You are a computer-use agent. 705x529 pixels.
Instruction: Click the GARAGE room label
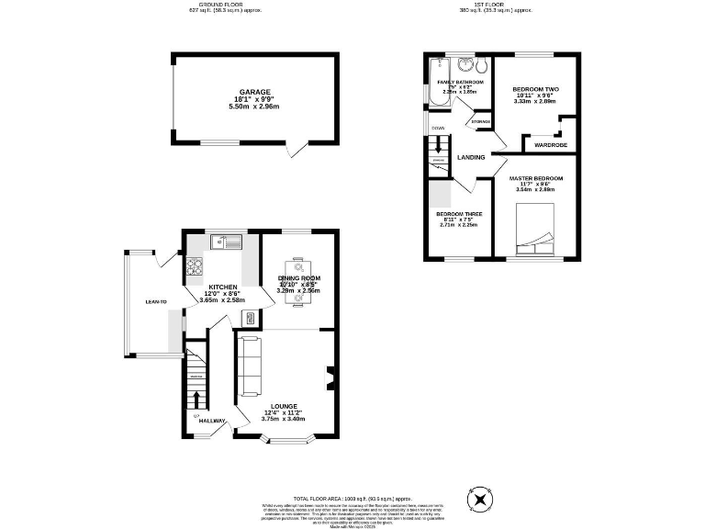click(255, 92)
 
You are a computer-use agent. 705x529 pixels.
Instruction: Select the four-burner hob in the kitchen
click(195, 267)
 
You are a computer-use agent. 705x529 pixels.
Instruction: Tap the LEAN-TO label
click(155, 301)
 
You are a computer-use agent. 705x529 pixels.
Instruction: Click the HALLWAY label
click(212, 420)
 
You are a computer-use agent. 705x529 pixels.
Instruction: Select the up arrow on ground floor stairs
click(195, 400)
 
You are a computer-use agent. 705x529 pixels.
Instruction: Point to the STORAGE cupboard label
click(479, 121)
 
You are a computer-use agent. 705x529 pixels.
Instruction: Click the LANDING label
click(472, 157)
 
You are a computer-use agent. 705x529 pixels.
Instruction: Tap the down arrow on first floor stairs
click(440, 144)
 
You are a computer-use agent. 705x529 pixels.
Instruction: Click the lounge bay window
click(286, 443)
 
